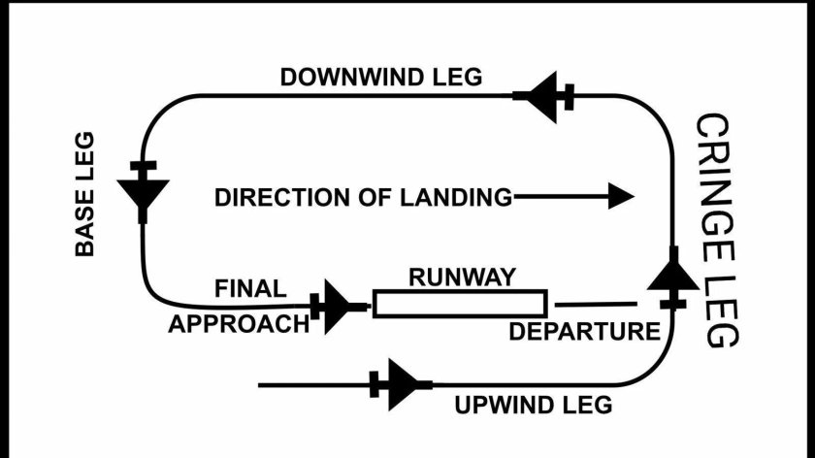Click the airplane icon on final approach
click(339, 307)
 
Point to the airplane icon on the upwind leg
click(401, 385)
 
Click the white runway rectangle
click(460, 304)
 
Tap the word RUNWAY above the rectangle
click(461, 277)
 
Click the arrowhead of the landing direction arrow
click(620, 197)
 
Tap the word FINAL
click(250, 288)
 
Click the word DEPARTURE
click(584, 331)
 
